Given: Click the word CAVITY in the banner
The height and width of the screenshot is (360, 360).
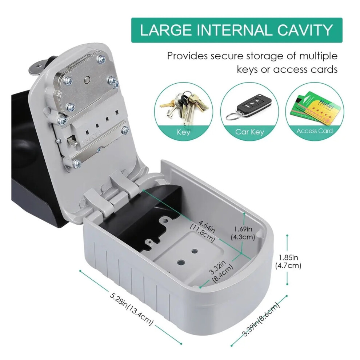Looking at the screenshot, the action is (x=305, y=30).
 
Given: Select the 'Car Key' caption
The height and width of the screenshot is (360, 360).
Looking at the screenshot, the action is (x=249, y=132).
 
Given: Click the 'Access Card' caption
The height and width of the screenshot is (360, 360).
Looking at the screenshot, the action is (x=314, y=131).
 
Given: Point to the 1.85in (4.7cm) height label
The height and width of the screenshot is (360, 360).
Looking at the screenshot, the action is (x=288, y=262).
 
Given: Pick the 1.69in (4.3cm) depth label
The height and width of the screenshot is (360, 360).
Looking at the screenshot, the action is (x=243, y=233).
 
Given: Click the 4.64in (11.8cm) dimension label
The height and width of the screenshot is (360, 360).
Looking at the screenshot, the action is (x=203, y=231).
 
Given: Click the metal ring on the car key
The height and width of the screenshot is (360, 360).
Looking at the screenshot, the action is (x=233, y=115).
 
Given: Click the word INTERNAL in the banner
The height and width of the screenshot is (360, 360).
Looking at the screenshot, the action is (x=235, y=30).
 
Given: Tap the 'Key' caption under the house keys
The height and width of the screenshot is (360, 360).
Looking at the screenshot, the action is (x=183, y=132).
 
